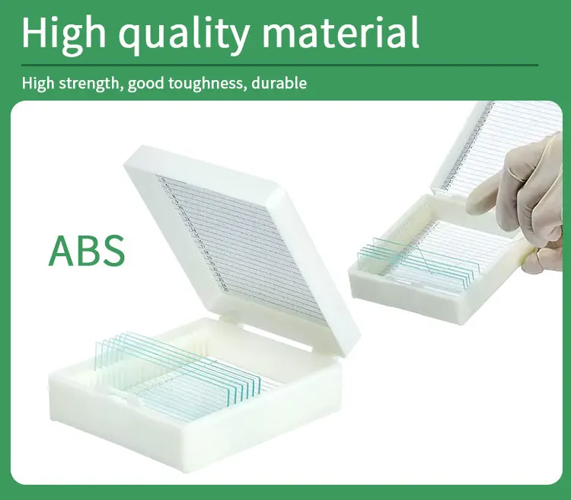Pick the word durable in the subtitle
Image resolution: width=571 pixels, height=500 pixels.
coord(279,83)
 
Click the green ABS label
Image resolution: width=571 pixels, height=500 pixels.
coord(87,252)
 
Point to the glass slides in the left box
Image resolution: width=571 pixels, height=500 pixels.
coord(178,376)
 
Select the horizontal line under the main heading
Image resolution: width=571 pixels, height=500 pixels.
coord(279,66)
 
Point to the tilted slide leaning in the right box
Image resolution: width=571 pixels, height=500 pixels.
coord(424,259)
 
